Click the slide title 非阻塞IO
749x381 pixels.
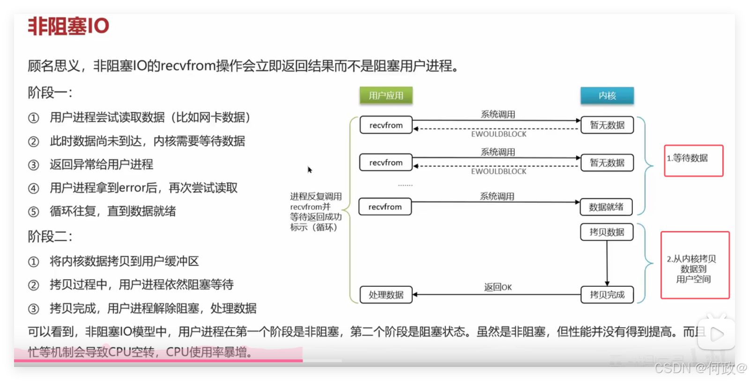pos(68,26)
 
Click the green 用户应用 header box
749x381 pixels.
pos(386,96)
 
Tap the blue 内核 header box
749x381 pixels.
pos(607,96)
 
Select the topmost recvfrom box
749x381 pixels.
pos(386,125)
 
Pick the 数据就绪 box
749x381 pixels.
pos(606,207)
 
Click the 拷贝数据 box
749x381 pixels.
pos(607,232)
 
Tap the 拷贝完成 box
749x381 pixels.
pos(607,295)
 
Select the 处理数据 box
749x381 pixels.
pos(386,295)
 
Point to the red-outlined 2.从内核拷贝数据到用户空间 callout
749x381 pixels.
pos(695,265)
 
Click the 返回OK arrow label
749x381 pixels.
pos(498,287)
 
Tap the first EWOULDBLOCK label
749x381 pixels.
pos(498,134)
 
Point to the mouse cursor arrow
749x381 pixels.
pos(309,169)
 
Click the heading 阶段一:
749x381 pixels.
pos(50,93)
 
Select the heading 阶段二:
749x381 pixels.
pos(50,237)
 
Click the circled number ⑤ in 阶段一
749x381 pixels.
pos(34,212)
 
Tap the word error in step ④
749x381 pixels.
pos(133,188)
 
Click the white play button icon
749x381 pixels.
pos(717,334)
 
